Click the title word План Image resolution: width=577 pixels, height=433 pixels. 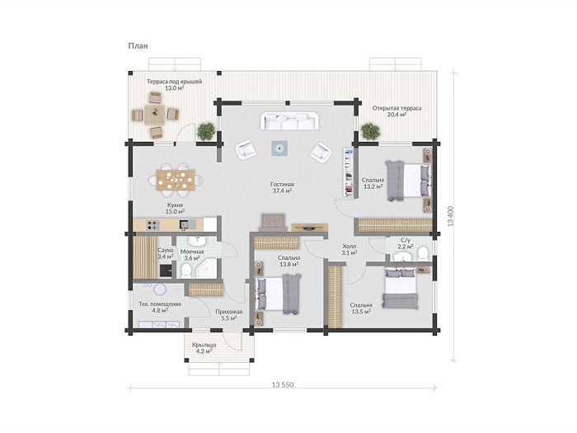pyautogui.click(x=138, y=46)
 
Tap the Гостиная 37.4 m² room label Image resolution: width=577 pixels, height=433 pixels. pyautogui.click(x=282, y=187)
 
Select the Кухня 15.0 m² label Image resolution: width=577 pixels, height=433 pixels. pyautogui.click(x=175, y=208)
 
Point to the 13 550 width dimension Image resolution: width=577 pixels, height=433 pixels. pyautogui.click(x=283, y=385)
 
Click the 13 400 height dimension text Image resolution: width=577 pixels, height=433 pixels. pyautogui.click(x=451, y=216)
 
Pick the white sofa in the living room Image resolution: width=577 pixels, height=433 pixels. pyautogui.click(x=289, y=120)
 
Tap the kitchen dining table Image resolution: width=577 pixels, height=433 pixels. pyautogui.click(x=176, y=180)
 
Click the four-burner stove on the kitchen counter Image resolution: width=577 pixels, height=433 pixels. pyautogui.click(x=152, y=224)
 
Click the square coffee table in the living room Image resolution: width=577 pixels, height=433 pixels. pyautogui.click(x=279, y=148)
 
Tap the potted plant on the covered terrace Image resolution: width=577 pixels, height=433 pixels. pyautogui.click(x=206, y=131)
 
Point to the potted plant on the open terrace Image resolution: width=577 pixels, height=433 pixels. pyautogui.click(x=370, y=131)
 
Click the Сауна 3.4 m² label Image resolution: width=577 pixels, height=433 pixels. pyautogui.click(x=165, y=253)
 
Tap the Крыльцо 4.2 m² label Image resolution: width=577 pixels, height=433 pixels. pyautogui.click(x=204, y=348)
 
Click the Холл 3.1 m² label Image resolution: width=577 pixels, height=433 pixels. pyautogui.click(x=349, y=249)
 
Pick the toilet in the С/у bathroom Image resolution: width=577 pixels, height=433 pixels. pyautogui.click(x=423, y=253)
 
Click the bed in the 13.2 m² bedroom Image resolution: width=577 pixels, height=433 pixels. pyautogui.click(x=408, y=181)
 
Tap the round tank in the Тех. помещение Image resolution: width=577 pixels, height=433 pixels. pyautogui.click(x=160, y=289)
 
